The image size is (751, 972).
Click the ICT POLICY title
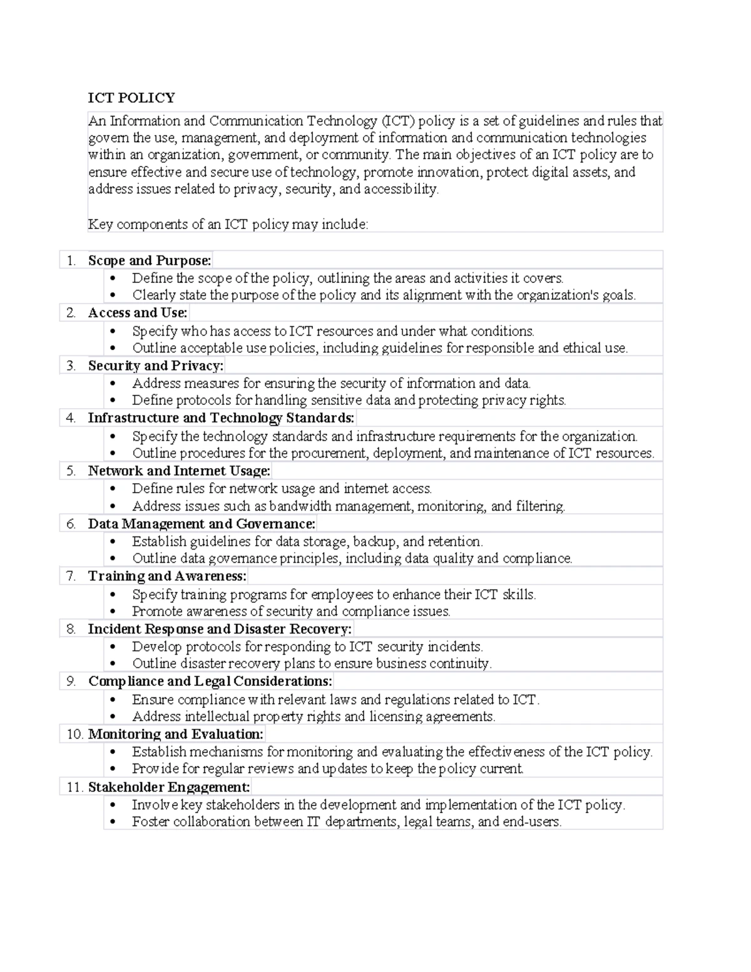point(131,98)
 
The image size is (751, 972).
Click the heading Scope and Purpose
point(150,260)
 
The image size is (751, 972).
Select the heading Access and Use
point(138,313)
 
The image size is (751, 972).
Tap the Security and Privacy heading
point(155,366)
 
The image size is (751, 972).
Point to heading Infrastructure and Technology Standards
point(221,418)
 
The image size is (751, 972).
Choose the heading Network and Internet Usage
point(179,471)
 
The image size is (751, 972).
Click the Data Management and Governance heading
point(202,524)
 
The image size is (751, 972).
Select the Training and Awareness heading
point(167,576)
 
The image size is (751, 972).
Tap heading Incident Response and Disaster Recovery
point(220,629)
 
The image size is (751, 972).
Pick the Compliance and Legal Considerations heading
point(210,682)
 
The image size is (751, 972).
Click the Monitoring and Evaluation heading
point(176,734)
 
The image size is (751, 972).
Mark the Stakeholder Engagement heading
point(169,787)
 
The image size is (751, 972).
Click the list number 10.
point(74,734)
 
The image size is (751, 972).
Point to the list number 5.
point(71,471)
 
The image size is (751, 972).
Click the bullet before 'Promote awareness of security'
point(113,612)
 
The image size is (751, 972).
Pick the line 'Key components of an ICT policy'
point(228,224)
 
